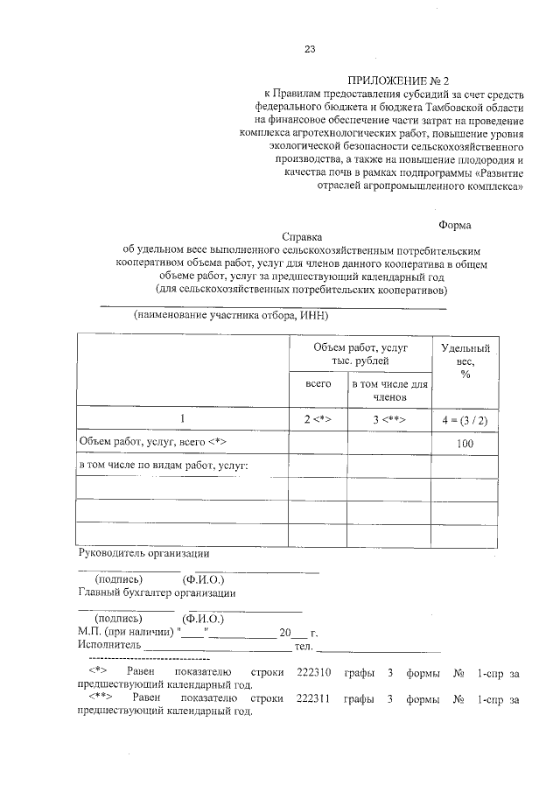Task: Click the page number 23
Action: [x=309, y=48]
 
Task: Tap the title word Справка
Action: [x=302, y=236]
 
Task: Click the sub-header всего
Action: [x=318, y=384]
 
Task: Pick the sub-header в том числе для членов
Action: [x=388, y=390]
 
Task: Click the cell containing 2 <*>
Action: [x=318, y=419]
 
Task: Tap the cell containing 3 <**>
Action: [x=388, y=419]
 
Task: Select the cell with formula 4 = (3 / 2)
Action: [x=465, y=419]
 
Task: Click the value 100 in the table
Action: [x=465, y=445]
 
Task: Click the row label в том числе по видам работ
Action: [x=164, y=464]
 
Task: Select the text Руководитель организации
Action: [x=143, y=553]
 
